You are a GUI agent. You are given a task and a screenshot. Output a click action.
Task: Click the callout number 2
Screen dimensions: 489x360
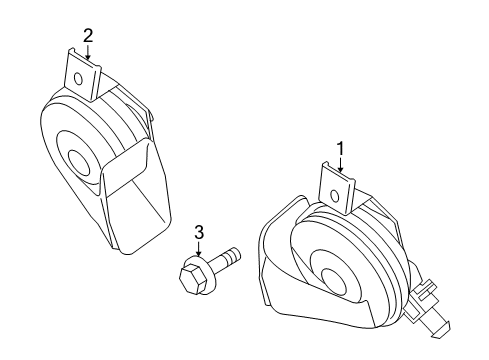(88, 36)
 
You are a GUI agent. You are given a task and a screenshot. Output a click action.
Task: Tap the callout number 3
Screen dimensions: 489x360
(199, 234)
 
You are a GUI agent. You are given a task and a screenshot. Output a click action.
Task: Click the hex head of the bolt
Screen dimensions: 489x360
(191, 276)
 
